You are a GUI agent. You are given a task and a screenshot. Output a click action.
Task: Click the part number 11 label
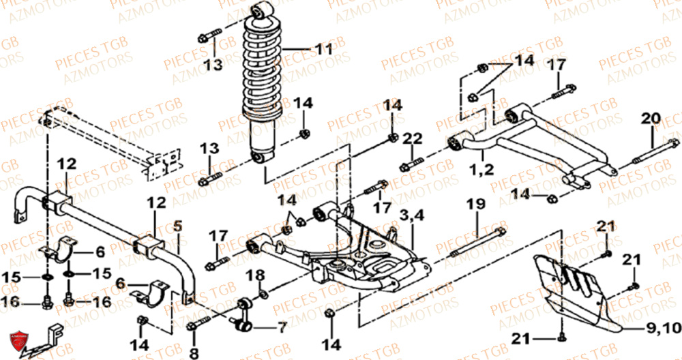tap(319, 49)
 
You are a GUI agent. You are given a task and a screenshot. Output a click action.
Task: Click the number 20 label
tap(650, 119)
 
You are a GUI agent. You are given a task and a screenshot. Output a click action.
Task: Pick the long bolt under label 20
tap(652, 153)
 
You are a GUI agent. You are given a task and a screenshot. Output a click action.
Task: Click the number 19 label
tap(475, 204)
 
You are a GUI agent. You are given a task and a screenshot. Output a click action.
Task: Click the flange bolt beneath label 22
tap(411, 164)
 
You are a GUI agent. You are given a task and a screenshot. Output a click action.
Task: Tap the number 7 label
tap(282, 328)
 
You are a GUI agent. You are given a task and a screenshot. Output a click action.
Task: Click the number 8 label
tap(194, 353)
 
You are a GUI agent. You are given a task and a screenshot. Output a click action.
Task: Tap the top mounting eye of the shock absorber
tap(261, 12)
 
